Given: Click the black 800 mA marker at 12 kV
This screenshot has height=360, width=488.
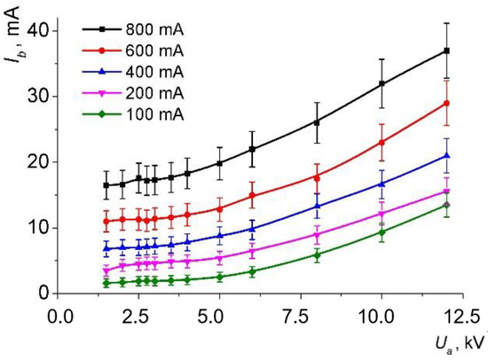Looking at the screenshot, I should (446, 51).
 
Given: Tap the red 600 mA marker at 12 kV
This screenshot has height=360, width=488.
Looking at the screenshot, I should (446, 103).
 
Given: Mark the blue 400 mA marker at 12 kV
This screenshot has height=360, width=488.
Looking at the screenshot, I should (446, 156).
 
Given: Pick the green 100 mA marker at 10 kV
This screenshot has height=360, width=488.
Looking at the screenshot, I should (382, 231).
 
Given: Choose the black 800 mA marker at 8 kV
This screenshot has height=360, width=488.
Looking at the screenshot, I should (317, 122).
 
